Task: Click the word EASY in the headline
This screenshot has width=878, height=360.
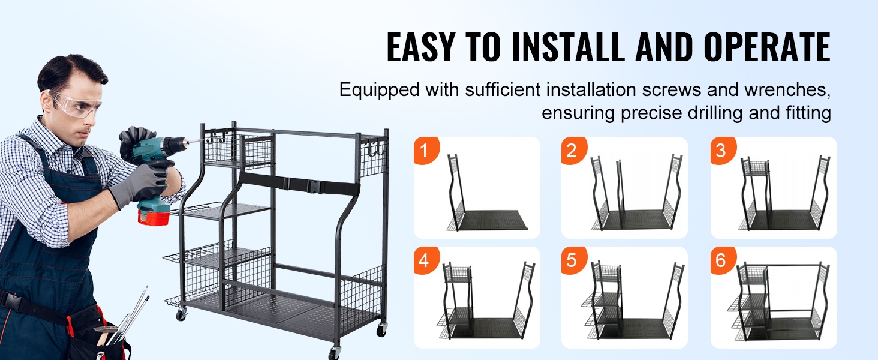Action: [420, 47]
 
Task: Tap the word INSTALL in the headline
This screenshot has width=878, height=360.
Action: [567, 47]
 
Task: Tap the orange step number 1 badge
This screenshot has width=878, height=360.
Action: [426, 150]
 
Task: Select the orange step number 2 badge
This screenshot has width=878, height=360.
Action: [573, 150]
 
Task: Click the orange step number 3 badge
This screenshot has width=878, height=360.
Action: [723, 150]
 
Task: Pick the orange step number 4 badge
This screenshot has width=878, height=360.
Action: [426, 260]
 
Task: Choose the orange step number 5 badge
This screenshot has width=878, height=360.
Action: [573, 260]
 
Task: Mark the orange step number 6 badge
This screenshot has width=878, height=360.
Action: [723, 260]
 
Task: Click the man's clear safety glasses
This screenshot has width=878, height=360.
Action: [75, 104]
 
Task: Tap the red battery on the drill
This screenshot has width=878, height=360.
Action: [154, 217]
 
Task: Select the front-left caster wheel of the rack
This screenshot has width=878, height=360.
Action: [181, 314]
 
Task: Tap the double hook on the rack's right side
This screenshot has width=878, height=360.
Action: [375, 148]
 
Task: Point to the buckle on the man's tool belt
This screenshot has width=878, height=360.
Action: [13, 302]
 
